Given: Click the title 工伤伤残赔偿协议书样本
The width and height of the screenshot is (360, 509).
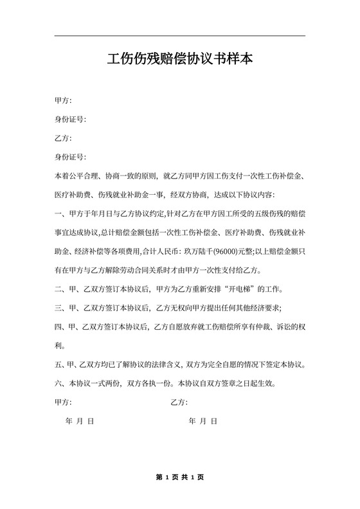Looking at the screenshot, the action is (x=180, y=60).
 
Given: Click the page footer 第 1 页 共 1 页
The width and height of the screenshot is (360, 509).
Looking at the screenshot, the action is (x=179, y=478).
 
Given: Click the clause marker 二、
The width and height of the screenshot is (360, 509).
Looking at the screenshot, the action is (x=61, y=289).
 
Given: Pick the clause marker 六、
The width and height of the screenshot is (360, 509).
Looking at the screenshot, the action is (x=61, y=384).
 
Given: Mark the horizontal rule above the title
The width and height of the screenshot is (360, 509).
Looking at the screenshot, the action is (x=180, y=35).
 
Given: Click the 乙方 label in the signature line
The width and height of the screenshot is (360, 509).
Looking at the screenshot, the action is (x=179, y=402).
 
